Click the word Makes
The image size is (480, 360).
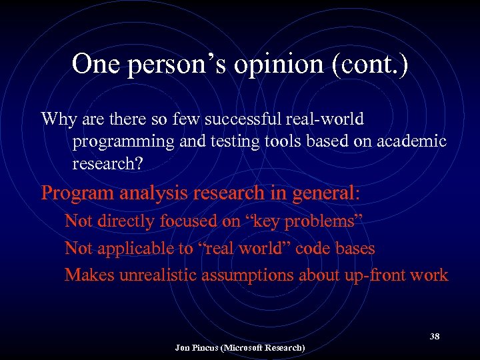click(89, 275)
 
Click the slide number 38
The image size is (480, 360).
click(434, 337)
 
